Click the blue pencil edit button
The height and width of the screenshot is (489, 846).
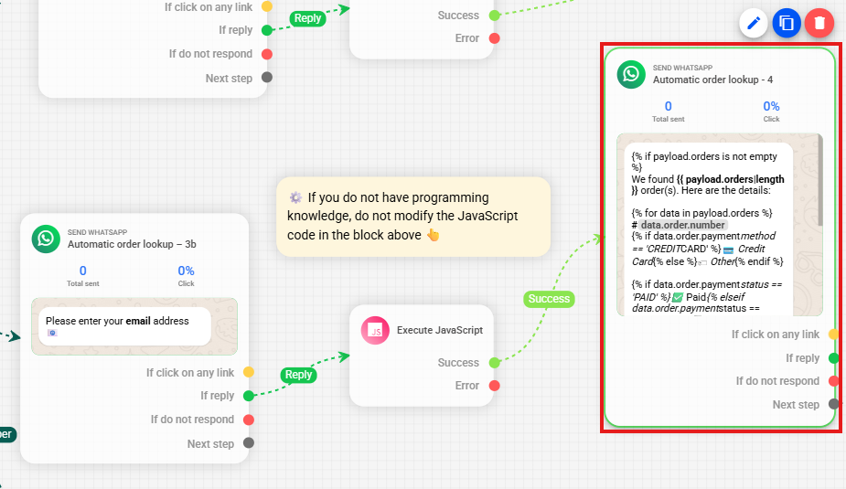754,23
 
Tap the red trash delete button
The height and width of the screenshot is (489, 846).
819,23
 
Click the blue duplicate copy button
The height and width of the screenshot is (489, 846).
787,23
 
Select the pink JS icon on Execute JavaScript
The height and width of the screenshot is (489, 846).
375,331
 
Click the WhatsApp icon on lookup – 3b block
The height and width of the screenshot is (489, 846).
46,239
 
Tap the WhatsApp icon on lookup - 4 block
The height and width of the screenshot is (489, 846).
631,74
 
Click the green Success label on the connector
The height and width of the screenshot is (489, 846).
549,299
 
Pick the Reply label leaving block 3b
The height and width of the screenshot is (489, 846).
298,375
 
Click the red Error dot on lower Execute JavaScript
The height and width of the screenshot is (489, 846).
494,386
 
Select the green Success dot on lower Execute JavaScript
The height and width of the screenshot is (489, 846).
494,363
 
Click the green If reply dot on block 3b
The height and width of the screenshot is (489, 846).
249,396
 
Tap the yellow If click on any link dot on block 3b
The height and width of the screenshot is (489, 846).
249,372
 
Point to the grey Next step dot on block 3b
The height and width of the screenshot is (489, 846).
249,443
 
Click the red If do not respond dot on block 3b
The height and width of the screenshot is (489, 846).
249,420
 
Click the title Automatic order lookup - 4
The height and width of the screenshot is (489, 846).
712,80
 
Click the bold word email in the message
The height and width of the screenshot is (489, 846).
138,321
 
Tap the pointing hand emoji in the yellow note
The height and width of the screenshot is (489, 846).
434,235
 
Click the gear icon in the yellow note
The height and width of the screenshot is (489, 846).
295,197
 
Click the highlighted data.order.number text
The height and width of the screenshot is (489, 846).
683,225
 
